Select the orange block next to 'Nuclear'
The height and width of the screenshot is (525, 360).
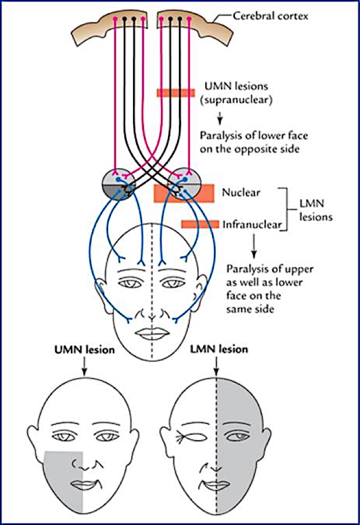point(183,193)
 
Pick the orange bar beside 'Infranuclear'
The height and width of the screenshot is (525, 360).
point(199,224)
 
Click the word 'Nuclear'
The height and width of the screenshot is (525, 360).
point(241,193)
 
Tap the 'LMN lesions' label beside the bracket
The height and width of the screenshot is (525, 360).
point(315,212)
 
